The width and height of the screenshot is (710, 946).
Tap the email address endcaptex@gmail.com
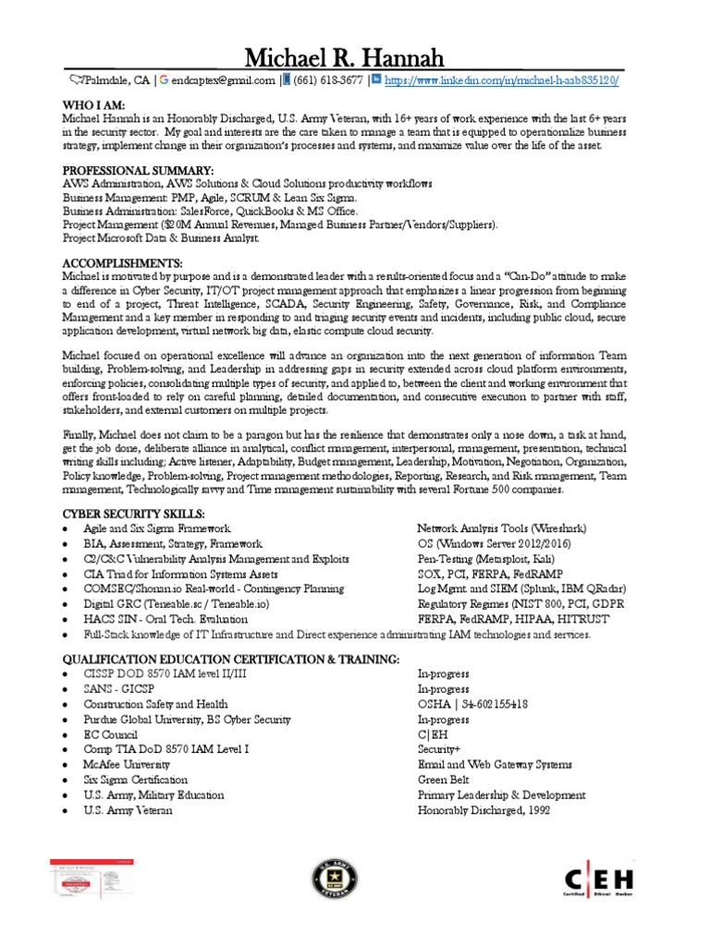coord(217,80)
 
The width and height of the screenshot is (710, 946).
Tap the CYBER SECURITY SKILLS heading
coord(134,514)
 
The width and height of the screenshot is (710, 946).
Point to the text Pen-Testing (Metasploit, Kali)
coord(486,558)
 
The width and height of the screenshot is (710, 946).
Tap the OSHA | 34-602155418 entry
coord(472,704)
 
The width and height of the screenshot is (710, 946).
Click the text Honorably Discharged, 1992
coord(484,810)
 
